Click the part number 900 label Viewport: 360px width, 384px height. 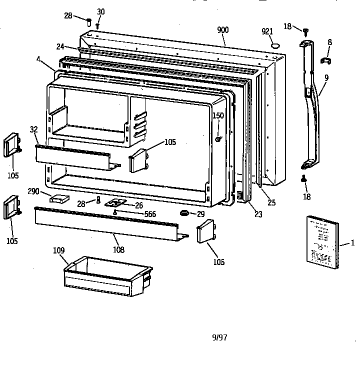coord(222,30)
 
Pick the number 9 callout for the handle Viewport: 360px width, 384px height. coord(326,78)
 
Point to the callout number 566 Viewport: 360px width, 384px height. coord(149,214)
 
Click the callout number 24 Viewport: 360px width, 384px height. coord(60,46)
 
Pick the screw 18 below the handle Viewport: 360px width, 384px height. coord(304,178)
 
